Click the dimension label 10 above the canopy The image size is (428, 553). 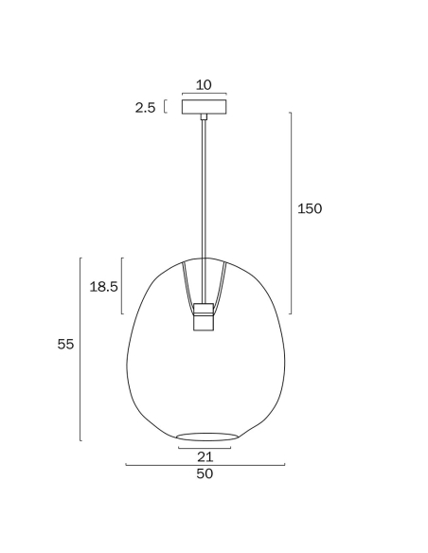click(204, 85)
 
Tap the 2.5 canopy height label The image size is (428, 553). click(145, 108)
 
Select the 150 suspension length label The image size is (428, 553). click(310, 208)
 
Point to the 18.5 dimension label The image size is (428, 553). click(103, 286)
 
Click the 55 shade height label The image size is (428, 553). click(66, 344)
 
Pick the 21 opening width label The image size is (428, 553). click(205, 456)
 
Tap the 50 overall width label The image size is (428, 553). click(205, 473)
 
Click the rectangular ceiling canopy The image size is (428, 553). click(205, 107)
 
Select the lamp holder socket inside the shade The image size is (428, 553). click(204, 316)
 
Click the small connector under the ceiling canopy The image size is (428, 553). click(204, 117)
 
